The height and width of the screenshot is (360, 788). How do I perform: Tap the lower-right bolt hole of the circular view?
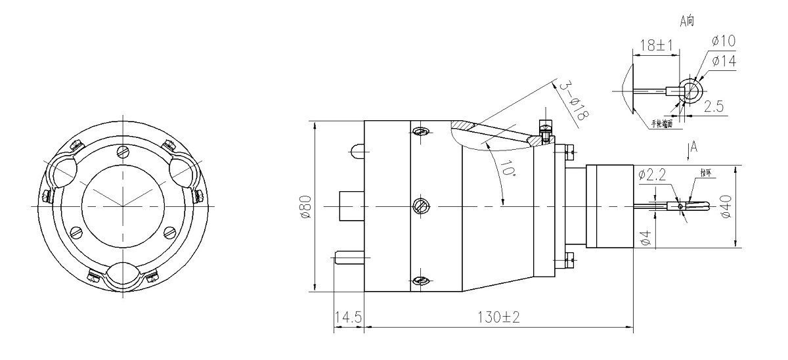pyautogui.click(x=170, y=232)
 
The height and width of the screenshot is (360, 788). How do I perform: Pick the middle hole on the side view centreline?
pyautogui.click(x=420, y=206)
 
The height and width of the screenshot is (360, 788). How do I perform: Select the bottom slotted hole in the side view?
pyautogui.click(x=420, y=281)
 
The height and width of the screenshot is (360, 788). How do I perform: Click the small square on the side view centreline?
pyautogui.click(x=351, y=205)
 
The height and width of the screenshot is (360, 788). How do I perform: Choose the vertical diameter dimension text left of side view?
pyautogui.click(x=313, y=206)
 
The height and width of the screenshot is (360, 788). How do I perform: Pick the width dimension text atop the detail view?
pyautogui.click(x=655, y=45)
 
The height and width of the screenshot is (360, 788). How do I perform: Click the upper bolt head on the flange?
pyautogui.click(x=569, y=152)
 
